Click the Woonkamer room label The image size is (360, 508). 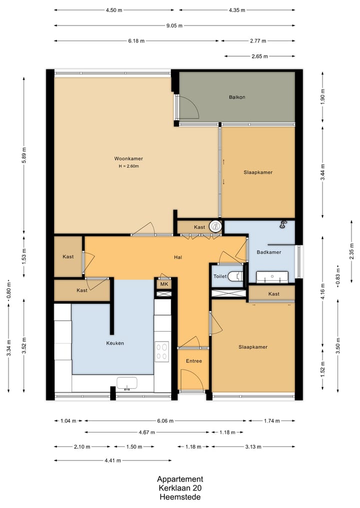click(128, 158)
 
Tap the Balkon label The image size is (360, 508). click(237, 97)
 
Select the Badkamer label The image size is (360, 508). click(269, 252)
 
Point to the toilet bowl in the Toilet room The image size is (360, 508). click(235, 276)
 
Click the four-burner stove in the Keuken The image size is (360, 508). click(162, 352)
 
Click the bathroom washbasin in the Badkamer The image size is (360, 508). click(272, 277)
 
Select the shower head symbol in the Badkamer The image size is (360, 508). click(284, 224)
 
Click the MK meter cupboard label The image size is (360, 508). click(164, 284)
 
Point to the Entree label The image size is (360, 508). click(194, 361)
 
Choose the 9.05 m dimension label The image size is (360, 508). click(174, 25)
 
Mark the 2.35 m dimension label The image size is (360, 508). click(352, 251)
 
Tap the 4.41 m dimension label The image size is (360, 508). click(113, 461)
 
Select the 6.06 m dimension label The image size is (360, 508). click(165, 421)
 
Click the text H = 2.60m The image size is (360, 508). click(129, 166)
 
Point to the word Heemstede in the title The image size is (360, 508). click(180, 497)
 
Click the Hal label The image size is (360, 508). click(177, 257)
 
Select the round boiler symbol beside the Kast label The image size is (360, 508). click(214, 226)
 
